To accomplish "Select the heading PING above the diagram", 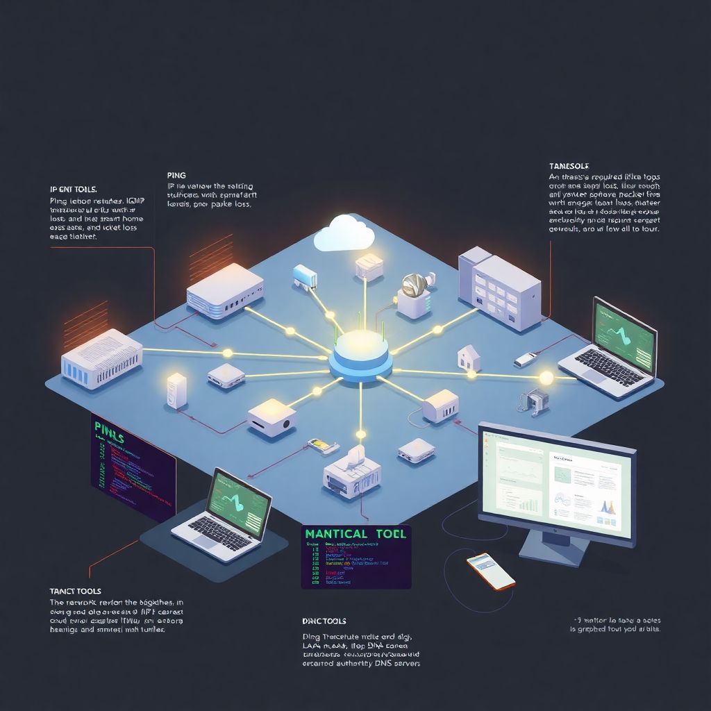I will [177, 176].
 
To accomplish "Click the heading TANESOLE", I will [569, 167].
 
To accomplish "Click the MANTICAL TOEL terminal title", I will [355, 533].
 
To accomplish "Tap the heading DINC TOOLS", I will [324, 621].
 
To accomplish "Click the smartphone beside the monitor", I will [491, 571].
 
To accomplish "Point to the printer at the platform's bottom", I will [353, 470].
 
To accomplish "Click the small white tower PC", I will [177, 390].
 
